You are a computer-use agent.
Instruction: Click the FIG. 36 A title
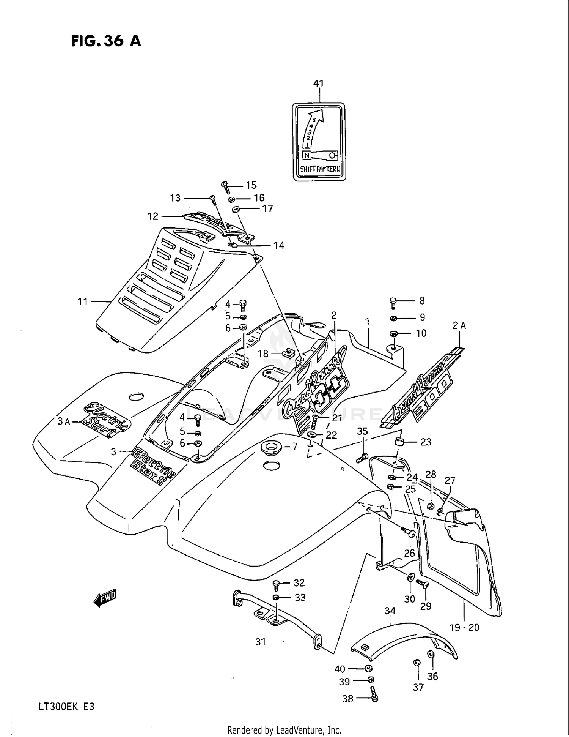point(106,41)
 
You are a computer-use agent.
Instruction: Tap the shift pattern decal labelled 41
point(319,141)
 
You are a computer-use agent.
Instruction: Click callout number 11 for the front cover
point(83,302)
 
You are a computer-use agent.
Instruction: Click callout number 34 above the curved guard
point(390,611)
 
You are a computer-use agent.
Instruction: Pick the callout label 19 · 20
point(464,628)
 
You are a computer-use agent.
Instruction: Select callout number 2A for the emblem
point(459,325)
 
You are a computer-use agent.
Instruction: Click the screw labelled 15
point(226,187)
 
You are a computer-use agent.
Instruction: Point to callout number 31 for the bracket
point(260,642)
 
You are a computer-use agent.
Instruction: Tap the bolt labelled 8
point(393,302)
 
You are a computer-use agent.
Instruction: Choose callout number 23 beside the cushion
point(426,442)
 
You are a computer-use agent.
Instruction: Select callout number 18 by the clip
point(262,354)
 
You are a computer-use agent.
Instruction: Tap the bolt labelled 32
point(276,585)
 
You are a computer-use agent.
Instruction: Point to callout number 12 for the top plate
point(153,216)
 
